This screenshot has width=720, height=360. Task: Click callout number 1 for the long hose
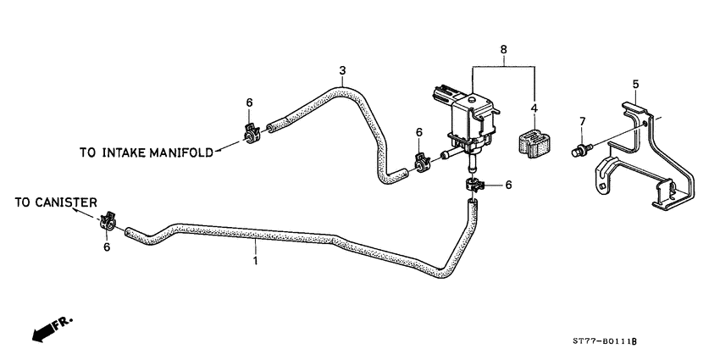point(255,263)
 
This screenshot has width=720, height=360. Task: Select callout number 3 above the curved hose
point(342,69)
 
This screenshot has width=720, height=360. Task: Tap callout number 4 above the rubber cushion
point(534,108)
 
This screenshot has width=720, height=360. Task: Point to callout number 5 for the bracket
point(634,84)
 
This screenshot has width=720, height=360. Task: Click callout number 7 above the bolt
point(581,123)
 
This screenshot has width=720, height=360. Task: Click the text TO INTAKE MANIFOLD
point(145,153)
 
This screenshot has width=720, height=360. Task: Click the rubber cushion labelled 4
point(533,141)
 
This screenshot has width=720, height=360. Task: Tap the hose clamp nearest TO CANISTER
point(108,224)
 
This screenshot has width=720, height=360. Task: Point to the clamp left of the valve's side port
point(420,161)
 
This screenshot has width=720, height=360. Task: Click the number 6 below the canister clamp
point(108,247)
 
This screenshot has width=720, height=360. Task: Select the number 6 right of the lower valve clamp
point(508,184)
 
